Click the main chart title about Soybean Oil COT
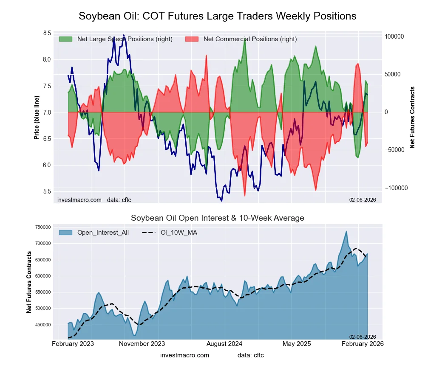(217, 16)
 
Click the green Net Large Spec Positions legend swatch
(65, 39)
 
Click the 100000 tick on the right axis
(394, 36)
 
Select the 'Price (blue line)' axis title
(37, 118)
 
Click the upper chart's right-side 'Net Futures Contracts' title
(412, 118)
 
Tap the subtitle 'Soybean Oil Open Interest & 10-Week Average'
(217, 218)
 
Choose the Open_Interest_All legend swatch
(65, 232)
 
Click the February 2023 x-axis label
(73, 343)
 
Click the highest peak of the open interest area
(346, 231)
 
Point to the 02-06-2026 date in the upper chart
(363, 199)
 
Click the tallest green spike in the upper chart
(245, 39)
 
